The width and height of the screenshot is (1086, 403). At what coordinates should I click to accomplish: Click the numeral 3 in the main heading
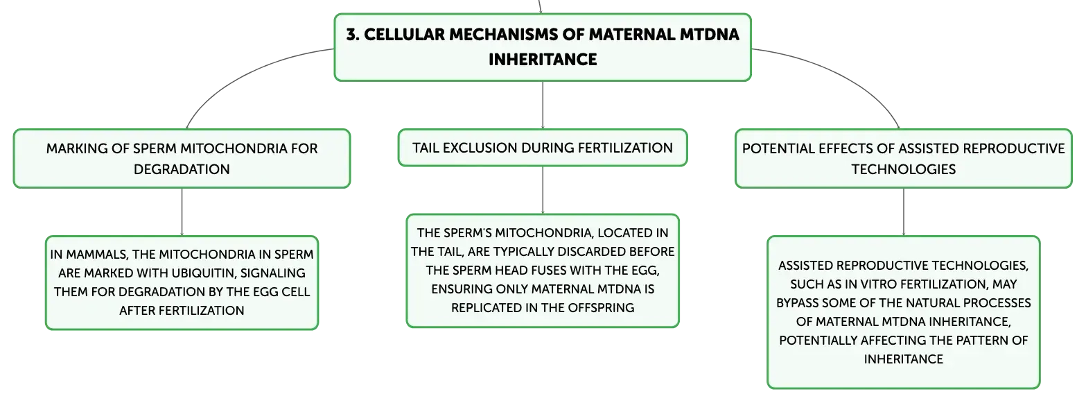[352, 35]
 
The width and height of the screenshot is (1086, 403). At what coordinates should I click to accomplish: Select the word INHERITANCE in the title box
[543, 60]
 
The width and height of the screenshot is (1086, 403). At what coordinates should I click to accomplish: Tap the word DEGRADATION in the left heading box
[182, 169]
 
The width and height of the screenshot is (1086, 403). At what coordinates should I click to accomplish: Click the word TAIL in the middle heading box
[426, 148]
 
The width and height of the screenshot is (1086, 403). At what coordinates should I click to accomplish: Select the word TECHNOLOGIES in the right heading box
[904, 169]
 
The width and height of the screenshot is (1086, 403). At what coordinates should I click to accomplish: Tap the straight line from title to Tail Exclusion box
[543, 105]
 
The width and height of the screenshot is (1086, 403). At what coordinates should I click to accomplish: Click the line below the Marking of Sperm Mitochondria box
[182, 212]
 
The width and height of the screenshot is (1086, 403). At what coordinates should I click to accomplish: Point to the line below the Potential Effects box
[904, 212]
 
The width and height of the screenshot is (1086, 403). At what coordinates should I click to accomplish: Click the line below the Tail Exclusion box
[543, 190]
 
